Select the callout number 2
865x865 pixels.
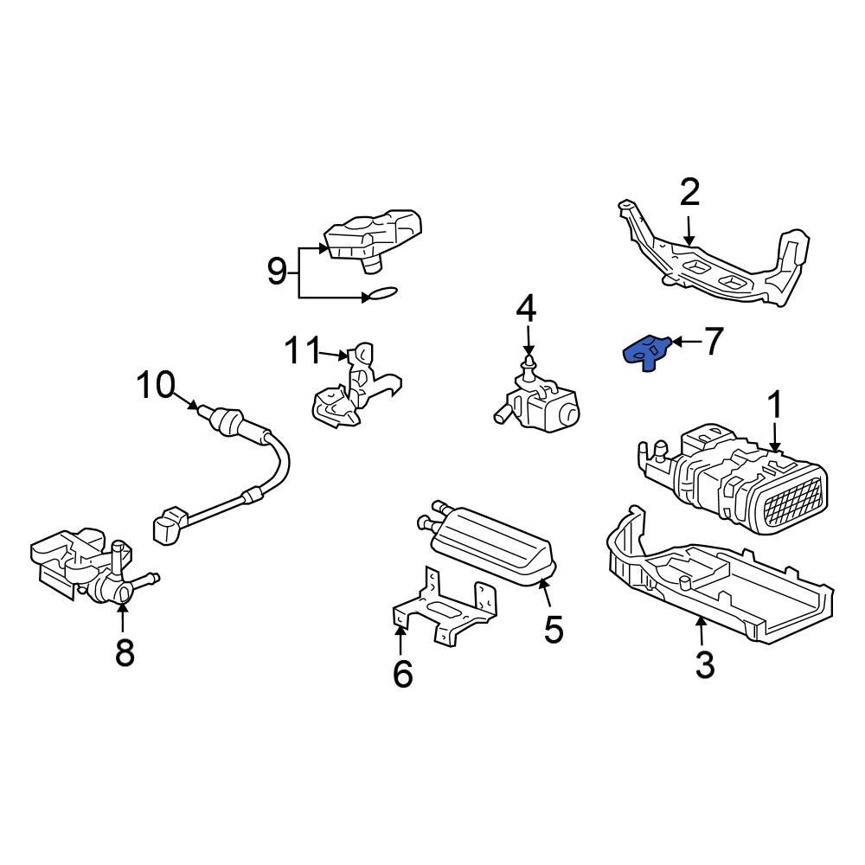coord(689,193)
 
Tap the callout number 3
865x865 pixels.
coord(705,664)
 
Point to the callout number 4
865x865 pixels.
coord(527,309)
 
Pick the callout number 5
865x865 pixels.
coord(554,630)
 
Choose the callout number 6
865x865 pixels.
coord(403,673)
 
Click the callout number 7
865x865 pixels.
coord(712,343)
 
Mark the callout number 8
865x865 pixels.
coord(125,652)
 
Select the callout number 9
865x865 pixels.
coord(277,272)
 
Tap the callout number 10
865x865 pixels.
coord(156,385)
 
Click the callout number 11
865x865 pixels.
coord(303,352)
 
